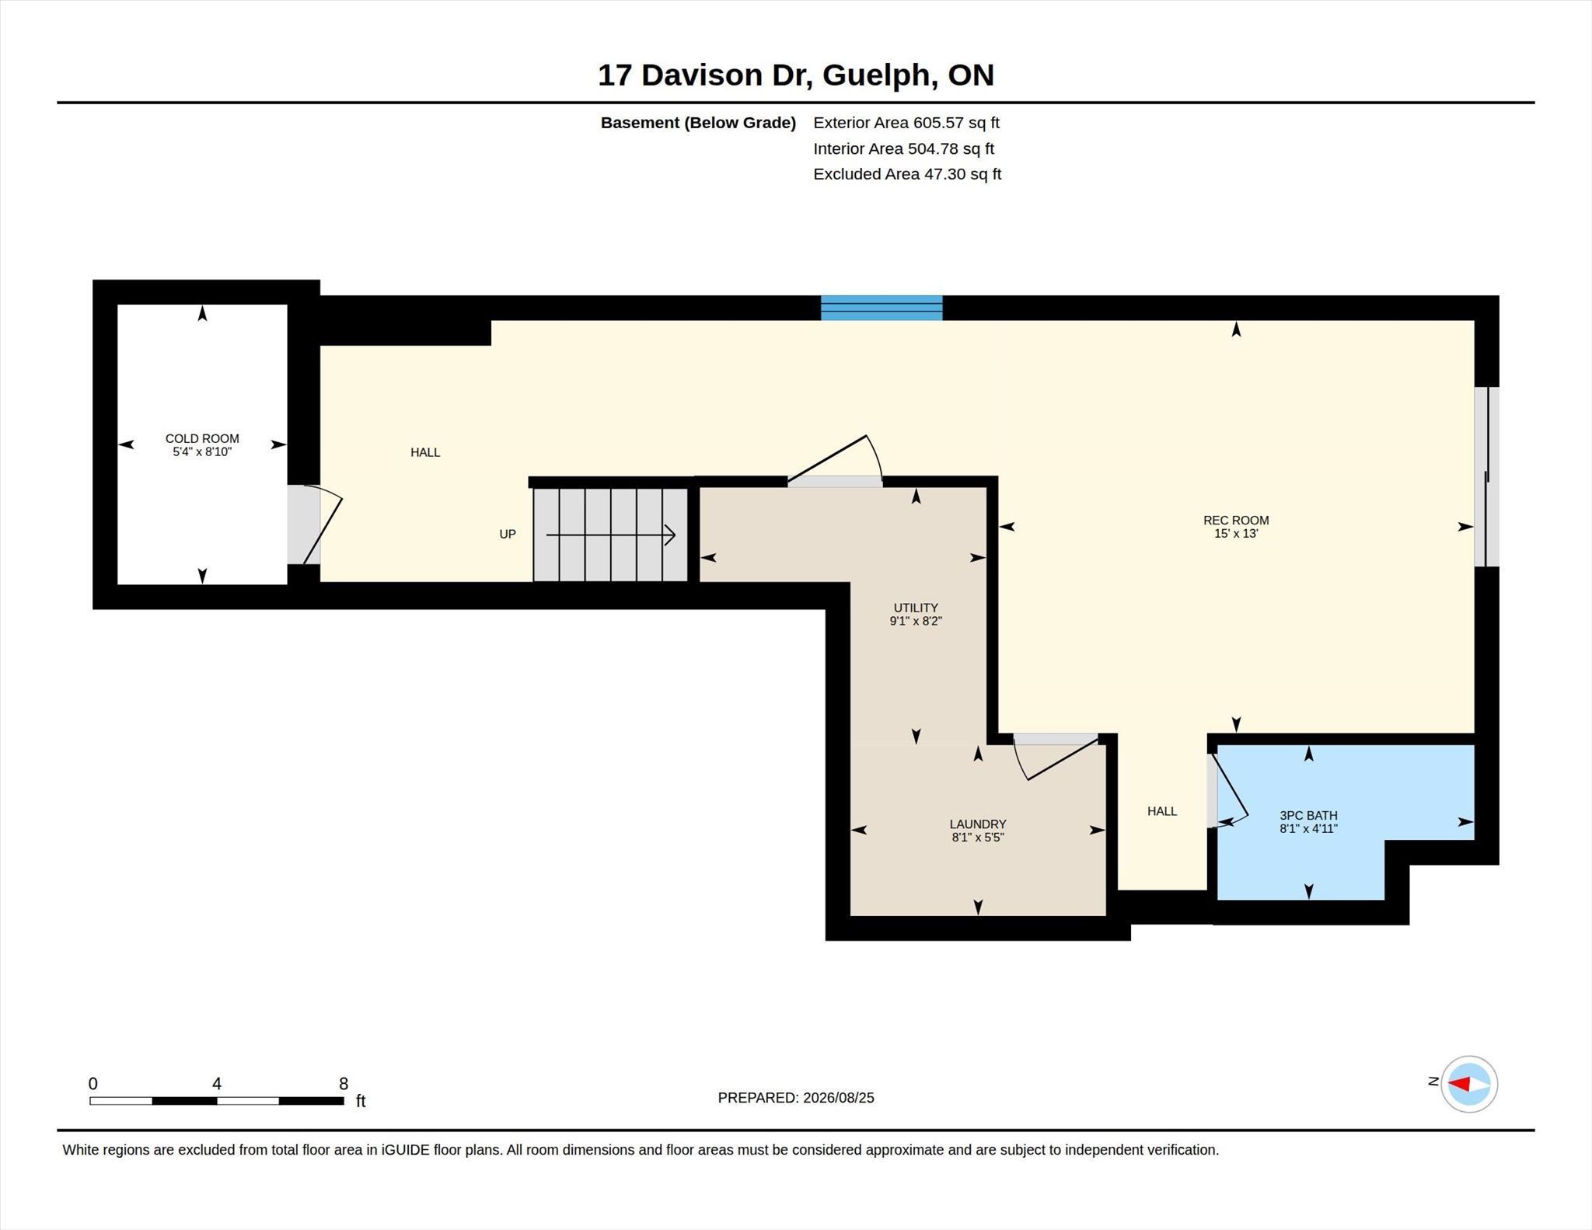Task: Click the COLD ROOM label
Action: [x=202, y=438]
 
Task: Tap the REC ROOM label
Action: [x=1236, y=520]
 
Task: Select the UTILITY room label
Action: [x=916, y=608]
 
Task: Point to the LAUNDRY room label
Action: [x=978, y=824]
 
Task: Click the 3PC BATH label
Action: [x=1308, y=815]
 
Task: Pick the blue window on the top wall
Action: [x=882, y=308]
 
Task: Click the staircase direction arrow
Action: [x=610, y=535]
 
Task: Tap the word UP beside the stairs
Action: [x=508, y=534]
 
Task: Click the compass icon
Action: [x=1468, y=1084]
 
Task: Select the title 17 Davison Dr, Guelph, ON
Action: [x=796, y=75]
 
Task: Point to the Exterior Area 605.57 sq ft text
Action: [x=906, y=123]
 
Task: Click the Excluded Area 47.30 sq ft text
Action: [x=907, y=174]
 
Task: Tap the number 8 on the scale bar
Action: [x=344, y=1083]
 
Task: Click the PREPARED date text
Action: [x=796, y=1098]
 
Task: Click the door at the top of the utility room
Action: [x=835, y=462]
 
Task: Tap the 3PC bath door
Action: [x=1228, y=791]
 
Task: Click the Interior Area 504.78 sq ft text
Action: [x=903, y=148]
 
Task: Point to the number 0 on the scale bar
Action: [x=93, y=1083]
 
